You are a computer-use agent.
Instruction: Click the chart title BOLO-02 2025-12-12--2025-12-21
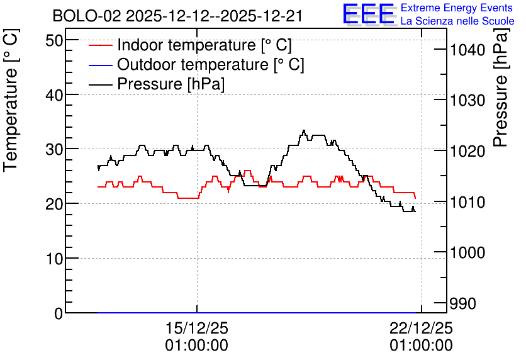pyautogui.click(x=177, y=16)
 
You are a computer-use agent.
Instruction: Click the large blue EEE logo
pyautogui.click(x=369, y=14)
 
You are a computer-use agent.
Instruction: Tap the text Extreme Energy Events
pyautogui.click(x=457, y=8)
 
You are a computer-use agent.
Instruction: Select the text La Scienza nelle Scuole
pyautogui.click(x=457, y=21)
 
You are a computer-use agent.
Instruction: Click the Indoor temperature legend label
pyautogui.click(x=204, y=45)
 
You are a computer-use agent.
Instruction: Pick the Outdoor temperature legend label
pyautogui.click(x=210, y=64)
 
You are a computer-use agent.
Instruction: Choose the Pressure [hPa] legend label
pyautogui.click(x=171, y=84)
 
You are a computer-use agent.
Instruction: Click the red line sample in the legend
pyautogui.click(x=100, y=45)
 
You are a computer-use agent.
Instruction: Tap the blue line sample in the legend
pyautogui.click(x=100, y=65)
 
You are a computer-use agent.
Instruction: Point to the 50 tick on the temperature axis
pyautogui.click(x=53, y=41)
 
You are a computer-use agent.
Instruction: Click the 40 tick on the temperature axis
pyautogui.click(x=53, y=95)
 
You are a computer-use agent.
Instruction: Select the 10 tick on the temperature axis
pyautogui.click(x=53, y=259)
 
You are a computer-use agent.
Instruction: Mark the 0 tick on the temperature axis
pyautogui.click(x=59, y=313)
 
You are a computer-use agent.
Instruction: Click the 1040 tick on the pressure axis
pyautogui.click(x=467, y=50)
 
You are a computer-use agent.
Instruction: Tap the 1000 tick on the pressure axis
pyautogui.click(x=467, y=252)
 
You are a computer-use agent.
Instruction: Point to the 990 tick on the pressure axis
pyautogui.click(x=463, y=303)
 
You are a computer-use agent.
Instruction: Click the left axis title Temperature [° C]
pyautogui.click(x=11, y=100)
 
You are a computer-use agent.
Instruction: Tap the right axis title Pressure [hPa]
pyautogui.click(x=501, y=87)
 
